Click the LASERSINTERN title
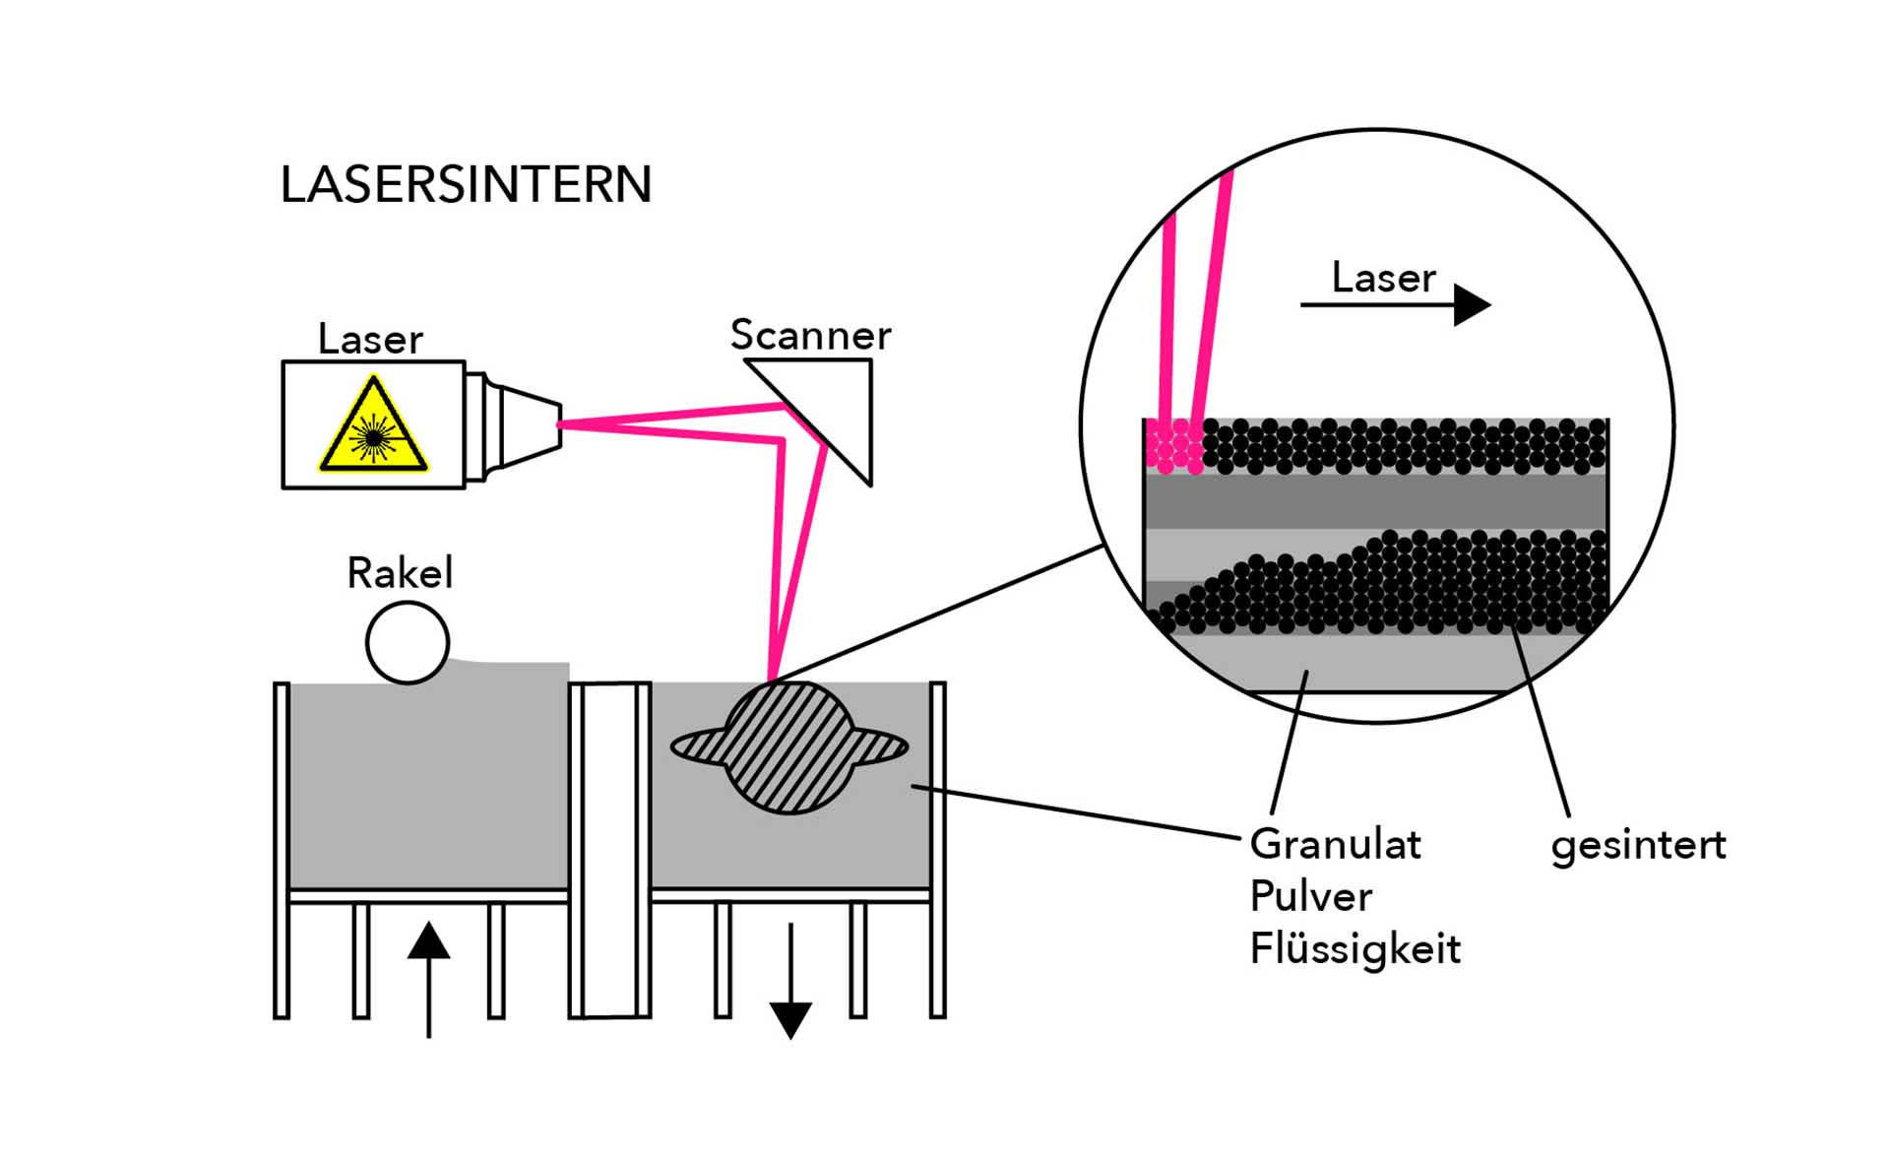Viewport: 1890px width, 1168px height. click(466, 184)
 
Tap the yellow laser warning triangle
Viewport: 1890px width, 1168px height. click(373, 427)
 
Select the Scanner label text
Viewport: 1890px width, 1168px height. click(810, 335)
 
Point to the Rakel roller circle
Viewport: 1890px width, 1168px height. click(408, 643)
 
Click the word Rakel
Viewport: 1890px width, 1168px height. click(400, 573)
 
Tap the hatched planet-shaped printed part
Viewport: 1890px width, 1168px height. click(788, 747)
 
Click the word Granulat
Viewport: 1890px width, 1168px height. click(1335, 845)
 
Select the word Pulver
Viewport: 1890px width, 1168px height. click(1310, 897)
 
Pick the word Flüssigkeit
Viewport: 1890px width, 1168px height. click(1354, 949)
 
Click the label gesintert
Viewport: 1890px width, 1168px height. click(1638, 846)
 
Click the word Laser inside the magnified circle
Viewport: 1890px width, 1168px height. click(1383, 278)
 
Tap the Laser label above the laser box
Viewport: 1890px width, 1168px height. click(370, 340)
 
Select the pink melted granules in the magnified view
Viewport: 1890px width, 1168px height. click(1174, 446)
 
